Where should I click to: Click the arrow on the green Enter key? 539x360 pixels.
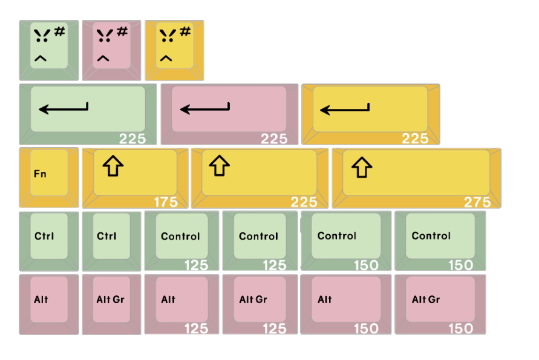click(64, 109)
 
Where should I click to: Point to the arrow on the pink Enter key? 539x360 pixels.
click(205, 109)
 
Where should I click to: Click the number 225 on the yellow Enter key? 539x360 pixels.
click(415, 139)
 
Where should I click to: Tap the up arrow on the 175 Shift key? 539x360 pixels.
click(112, 166)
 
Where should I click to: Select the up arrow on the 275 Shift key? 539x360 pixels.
click(361, 168)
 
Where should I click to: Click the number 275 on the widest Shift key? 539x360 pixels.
click(477, 202)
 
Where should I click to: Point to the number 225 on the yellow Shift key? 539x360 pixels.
click(304, 202)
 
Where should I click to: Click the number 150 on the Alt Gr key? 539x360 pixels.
click(461, 329)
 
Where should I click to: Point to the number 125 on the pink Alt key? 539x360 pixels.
click(196, 329)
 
